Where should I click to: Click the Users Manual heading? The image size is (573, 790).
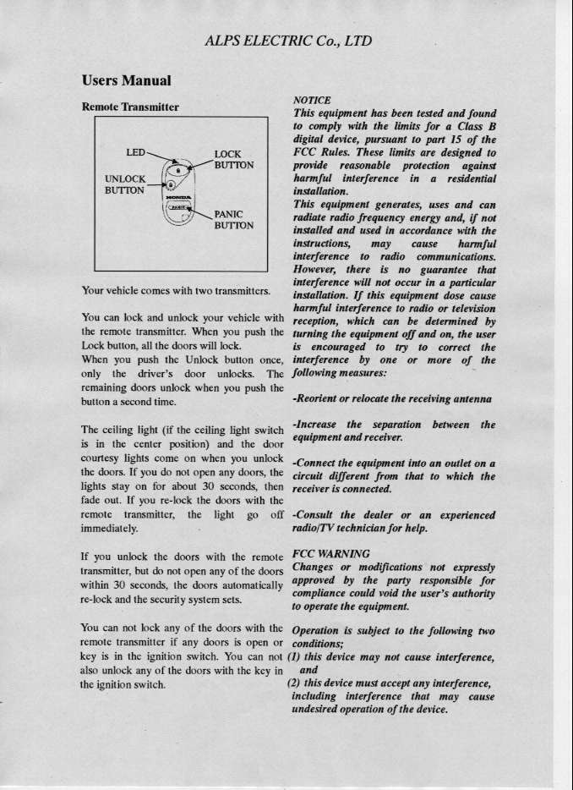point(127,81)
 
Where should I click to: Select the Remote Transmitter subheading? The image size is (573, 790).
point(135,107)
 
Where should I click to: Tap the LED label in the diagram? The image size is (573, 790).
point(136,152)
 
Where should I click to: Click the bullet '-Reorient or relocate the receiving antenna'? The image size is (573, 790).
point(392,398)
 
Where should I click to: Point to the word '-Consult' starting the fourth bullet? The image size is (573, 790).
point(316,515)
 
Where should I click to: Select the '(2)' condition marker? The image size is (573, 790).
point(295,683)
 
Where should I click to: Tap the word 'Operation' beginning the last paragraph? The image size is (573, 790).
point(318,631)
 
